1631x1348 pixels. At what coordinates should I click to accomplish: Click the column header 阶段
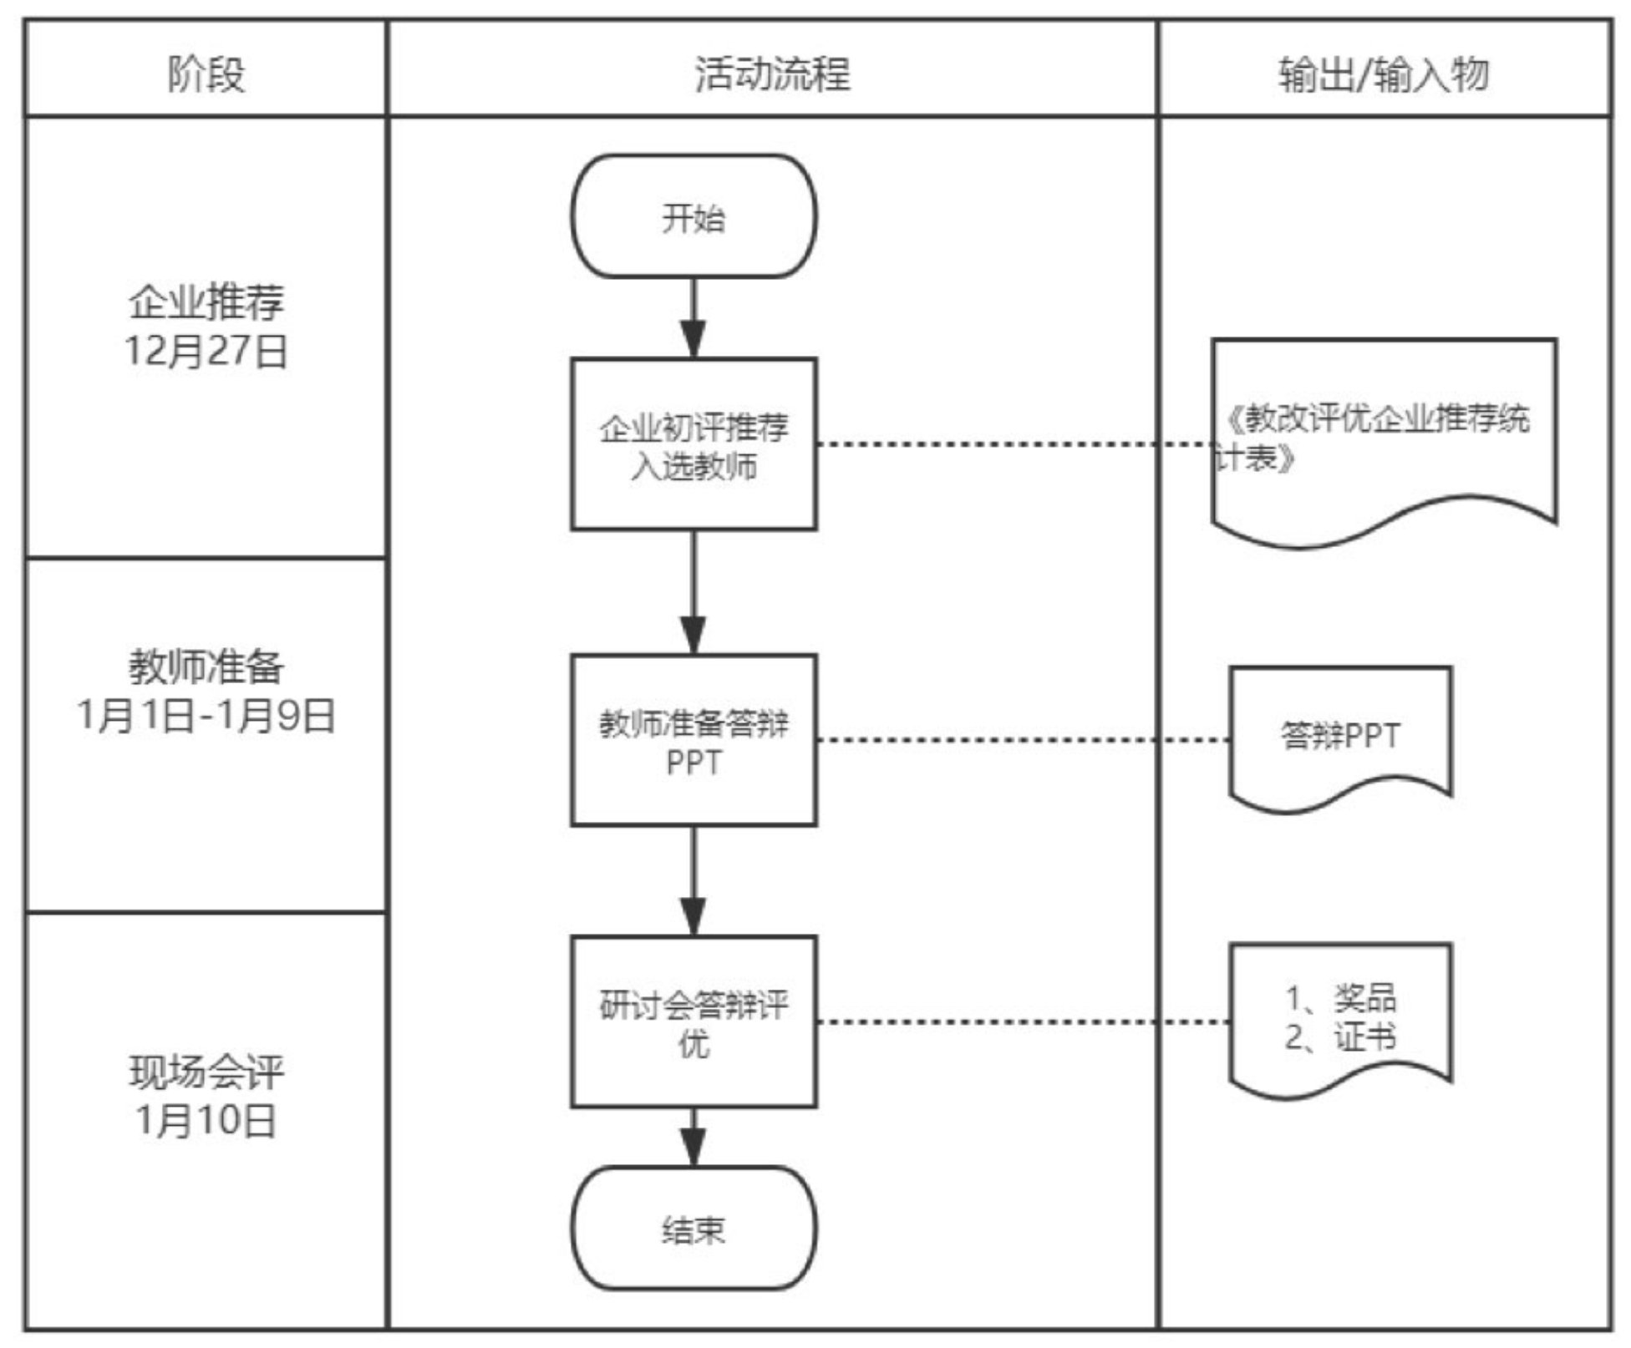206,73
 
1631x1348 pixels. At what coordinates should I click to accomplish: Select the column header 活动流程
772,73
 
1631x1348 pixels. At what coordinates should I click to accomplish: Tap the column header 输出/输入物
1384,73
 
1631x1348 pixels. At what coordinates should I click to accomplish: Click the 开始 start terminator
694,217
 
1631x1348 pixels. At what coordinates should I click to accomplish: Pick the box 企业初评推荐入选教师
694,444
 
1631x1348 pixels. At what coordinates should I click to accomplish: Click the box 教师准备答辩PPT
694,741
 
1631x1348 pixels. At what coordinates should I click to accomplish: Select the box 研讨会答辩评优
694,1022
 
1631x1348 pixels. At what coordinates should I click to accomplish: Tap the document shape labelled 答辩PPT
1340,736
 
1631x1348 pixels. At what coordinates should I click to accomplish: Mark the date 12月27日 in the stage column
206,351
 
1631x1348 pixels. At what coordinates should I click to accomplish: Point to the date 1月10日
206,1120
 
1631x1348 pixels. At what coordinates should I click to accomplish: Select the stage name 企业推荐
206,302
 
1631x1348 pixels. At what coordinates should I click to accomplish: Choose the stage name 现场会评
206,1072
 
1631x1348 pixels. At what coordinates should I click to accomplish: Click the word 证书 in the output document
1365,1037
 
